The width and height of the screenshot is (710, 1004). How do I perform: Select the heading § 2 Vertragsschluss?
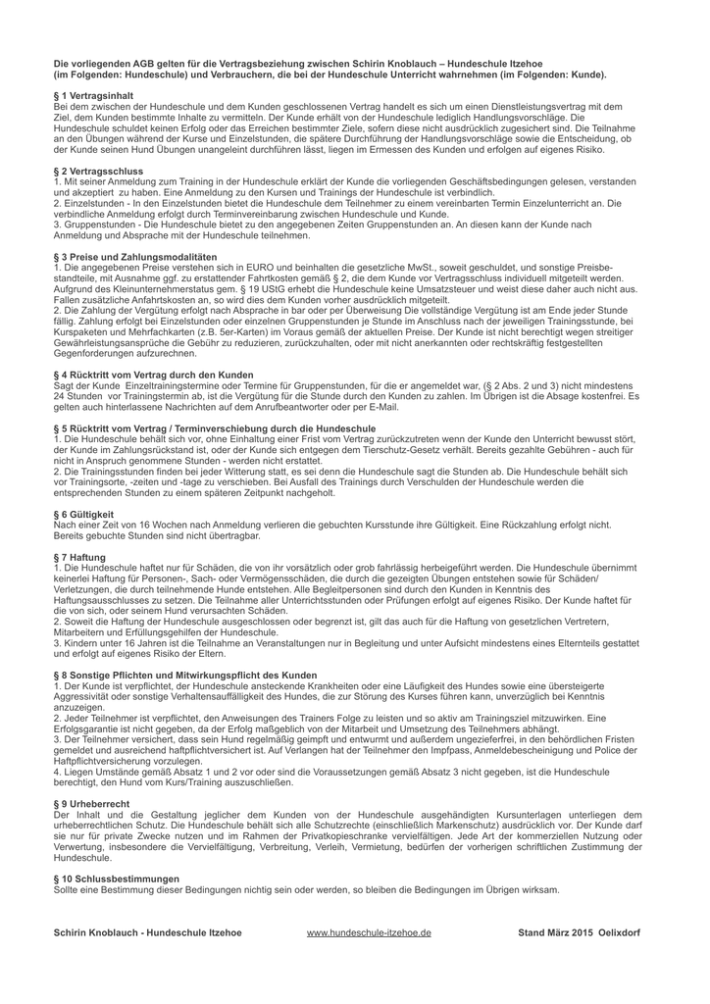click(99, 173)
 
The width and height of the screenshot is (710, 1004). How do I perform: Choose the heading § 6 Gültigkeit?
click(83, 513)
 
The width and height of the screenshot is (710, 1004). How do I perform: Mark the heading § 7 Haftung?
click(79, 557)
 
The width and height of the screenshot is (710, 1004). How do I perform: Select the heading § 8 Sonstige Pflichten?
click(185, 675)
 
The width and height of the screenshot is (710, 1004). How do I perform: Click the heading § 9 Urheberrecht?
click(90, 802)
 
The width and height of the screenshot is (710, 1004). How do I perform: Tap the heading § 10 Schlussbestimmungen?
click(117, 878)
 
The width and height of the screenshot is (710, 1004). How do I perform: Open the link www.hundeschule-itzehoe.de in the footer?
click(369, 932)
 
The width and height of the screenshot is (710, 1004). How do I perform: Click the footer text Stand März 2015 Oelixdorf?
click(579, 932)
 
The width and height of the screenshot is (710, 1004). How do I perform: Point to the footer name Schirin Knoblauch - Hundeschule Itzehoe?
click(147, 932)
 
